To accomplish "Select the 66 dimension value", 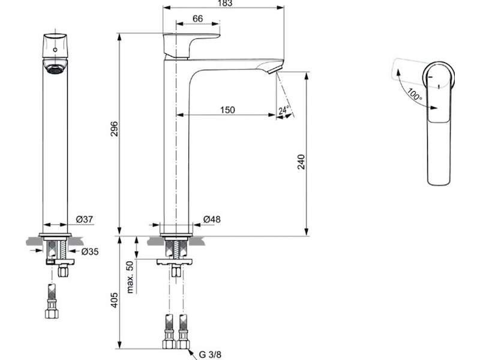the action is (x=198, y=19).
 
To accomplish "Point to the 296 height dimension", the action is (x=114, y=129).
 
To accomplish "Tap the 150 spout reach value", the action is (x=227, y=110).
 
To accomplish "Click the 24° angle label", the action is (x=284, y=110).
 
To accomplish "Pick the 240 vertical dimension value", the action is (x=302, y=162).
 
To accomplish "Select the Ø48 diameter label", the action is (x=212, y=219).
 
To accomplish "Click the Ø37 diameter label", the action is (x=84, y=219).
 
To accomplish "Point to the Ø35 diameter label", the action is (x=90, y=251).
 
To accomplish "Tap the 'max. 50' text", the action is (x=130, y=277).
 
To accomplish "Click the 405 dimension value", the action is (x=114, y=301).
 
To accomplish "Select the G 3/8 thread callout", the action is (x=210, y=355).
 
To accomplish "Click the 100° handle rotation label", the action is (x=415, y=95).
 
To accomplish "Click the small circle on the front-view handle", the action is (x=55, y=50).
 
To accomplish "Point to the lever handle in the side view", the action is (x=190, y=46).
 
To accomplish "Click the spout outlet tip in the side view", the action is (x=275, y=69).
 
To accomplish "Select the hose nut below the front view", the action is (x=51, y=313).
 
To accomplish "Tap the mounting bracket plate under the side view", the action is (x=175, y=262).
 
